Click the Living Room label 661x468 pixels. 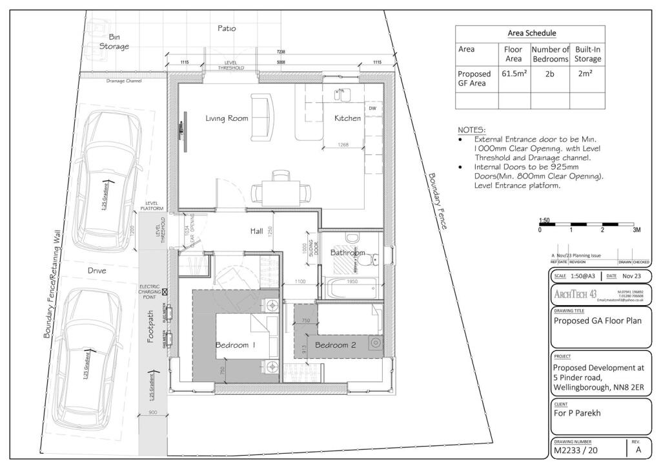point(227,118)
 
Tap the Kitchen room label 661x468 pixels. point(347,118)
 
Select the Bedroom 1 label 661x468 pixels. point(236,345)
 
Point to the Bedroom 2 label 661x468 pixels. point(335,345)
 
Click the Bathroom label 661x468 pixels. point(348,253)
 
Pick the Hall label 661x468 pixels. point(259,231)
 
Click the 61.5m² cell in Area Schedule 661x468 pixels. point(514,74)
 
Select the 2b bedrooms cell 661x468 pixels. point(549,74)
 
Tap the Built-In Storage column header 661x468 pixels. point(587,54)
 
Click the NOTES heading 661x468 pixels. point(471,130)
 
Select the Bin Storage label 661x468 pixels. point(114,41)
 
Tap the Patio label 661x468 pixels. point(227,28)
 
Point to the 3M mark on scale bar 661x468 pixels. point(636,230)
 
